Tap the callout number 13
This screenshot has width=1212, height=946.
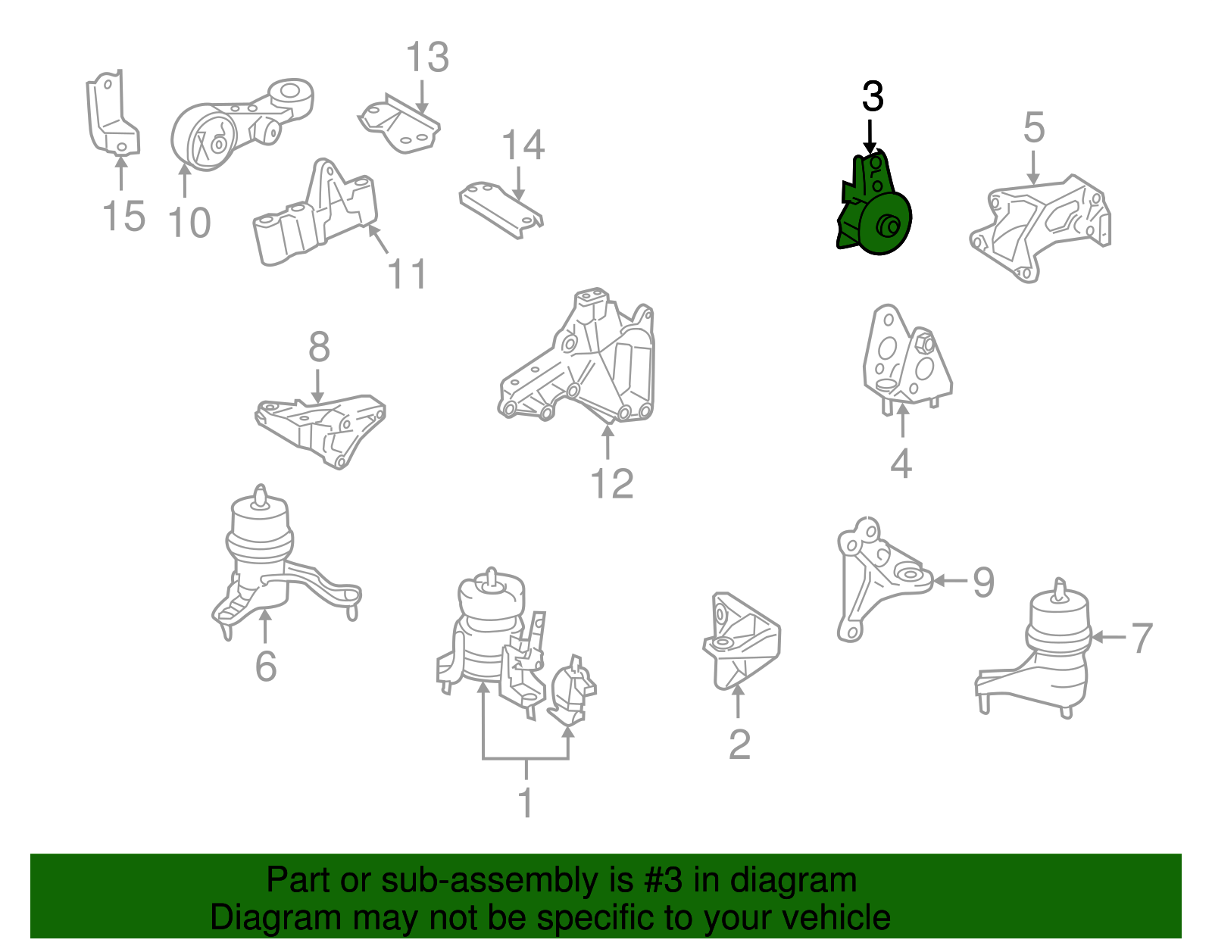427,57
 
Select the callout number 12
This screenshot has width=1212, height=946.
612,483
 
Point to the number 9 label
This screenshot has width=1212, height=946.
983,582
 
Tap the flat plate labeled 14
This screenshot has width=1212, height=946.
500,210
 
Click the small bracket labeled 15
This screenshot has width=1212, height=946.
111,114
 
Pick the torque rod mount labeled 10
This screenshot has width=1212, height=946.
240,126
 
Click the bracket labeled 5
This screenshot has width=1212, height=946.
1040,229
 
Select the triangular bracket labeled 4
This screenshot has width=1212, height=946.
907,360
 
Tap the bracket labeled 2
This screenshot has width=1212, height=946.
742,641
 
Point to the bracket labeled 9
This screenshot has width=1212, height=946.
881,579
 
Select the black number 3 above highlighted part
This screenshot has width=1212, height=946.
873,96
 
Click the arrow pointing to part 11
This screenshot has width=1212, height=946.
377,239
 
